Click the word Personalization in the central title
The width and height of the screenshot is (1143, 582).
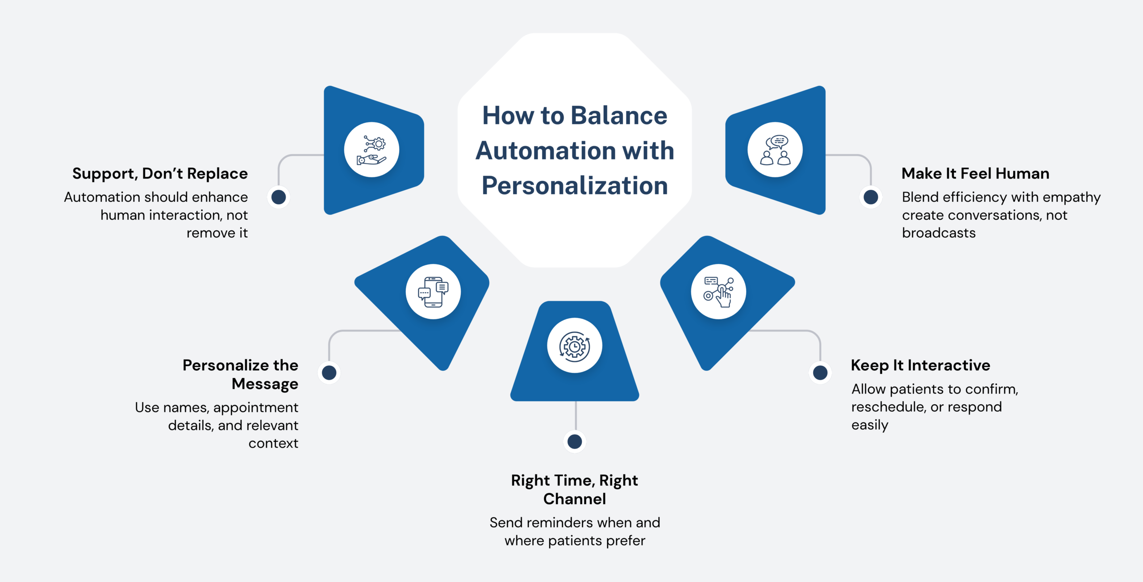[x=575, y=186]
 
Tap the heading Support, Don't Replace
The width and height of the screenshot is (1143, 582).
[x=160, y=173]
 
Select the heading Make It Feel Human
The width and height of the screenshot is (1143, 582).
[x=975, y=173]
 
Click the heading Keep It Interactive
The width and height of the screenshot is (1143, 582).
[x=920, y=365]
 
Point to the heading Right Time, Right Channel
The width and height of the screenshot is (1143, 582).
[x=575, y=490]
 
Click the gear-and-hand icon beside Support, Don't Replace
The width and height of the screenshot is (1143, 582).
[x=371, y=150]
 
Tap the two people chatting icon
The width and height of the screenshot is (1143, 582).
[x=775, y=150]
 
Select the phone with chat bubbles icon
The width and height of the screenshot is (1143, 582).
[x=433, y=292]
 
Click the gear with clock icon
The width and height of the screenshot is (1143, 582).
[x=575, y=346]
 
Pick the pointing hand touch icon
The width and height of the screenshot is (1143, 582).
[x=718, y=292]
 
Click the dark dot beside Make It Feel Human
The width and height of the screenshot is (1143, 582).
[x=871, y=197]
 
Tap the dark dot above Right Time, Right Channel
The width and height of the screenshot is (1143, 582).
[x=575, y=442]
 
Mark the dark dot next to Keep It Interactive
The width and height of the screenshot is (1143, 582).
[x=820, y=373]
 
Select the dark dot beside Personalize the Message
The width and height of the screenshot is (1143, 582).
[x=329, y=373]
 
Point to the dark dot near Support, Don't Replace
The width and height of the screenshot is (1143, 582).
[x=279, y=197]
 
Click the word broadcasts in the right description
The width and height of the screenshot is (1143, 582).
[x=939, y=233]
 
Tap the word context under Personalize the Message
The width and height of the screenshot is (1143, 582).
[x=273, y=444]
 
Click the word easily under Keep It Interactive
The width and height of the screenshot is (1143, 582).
[x=869, y=425]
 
